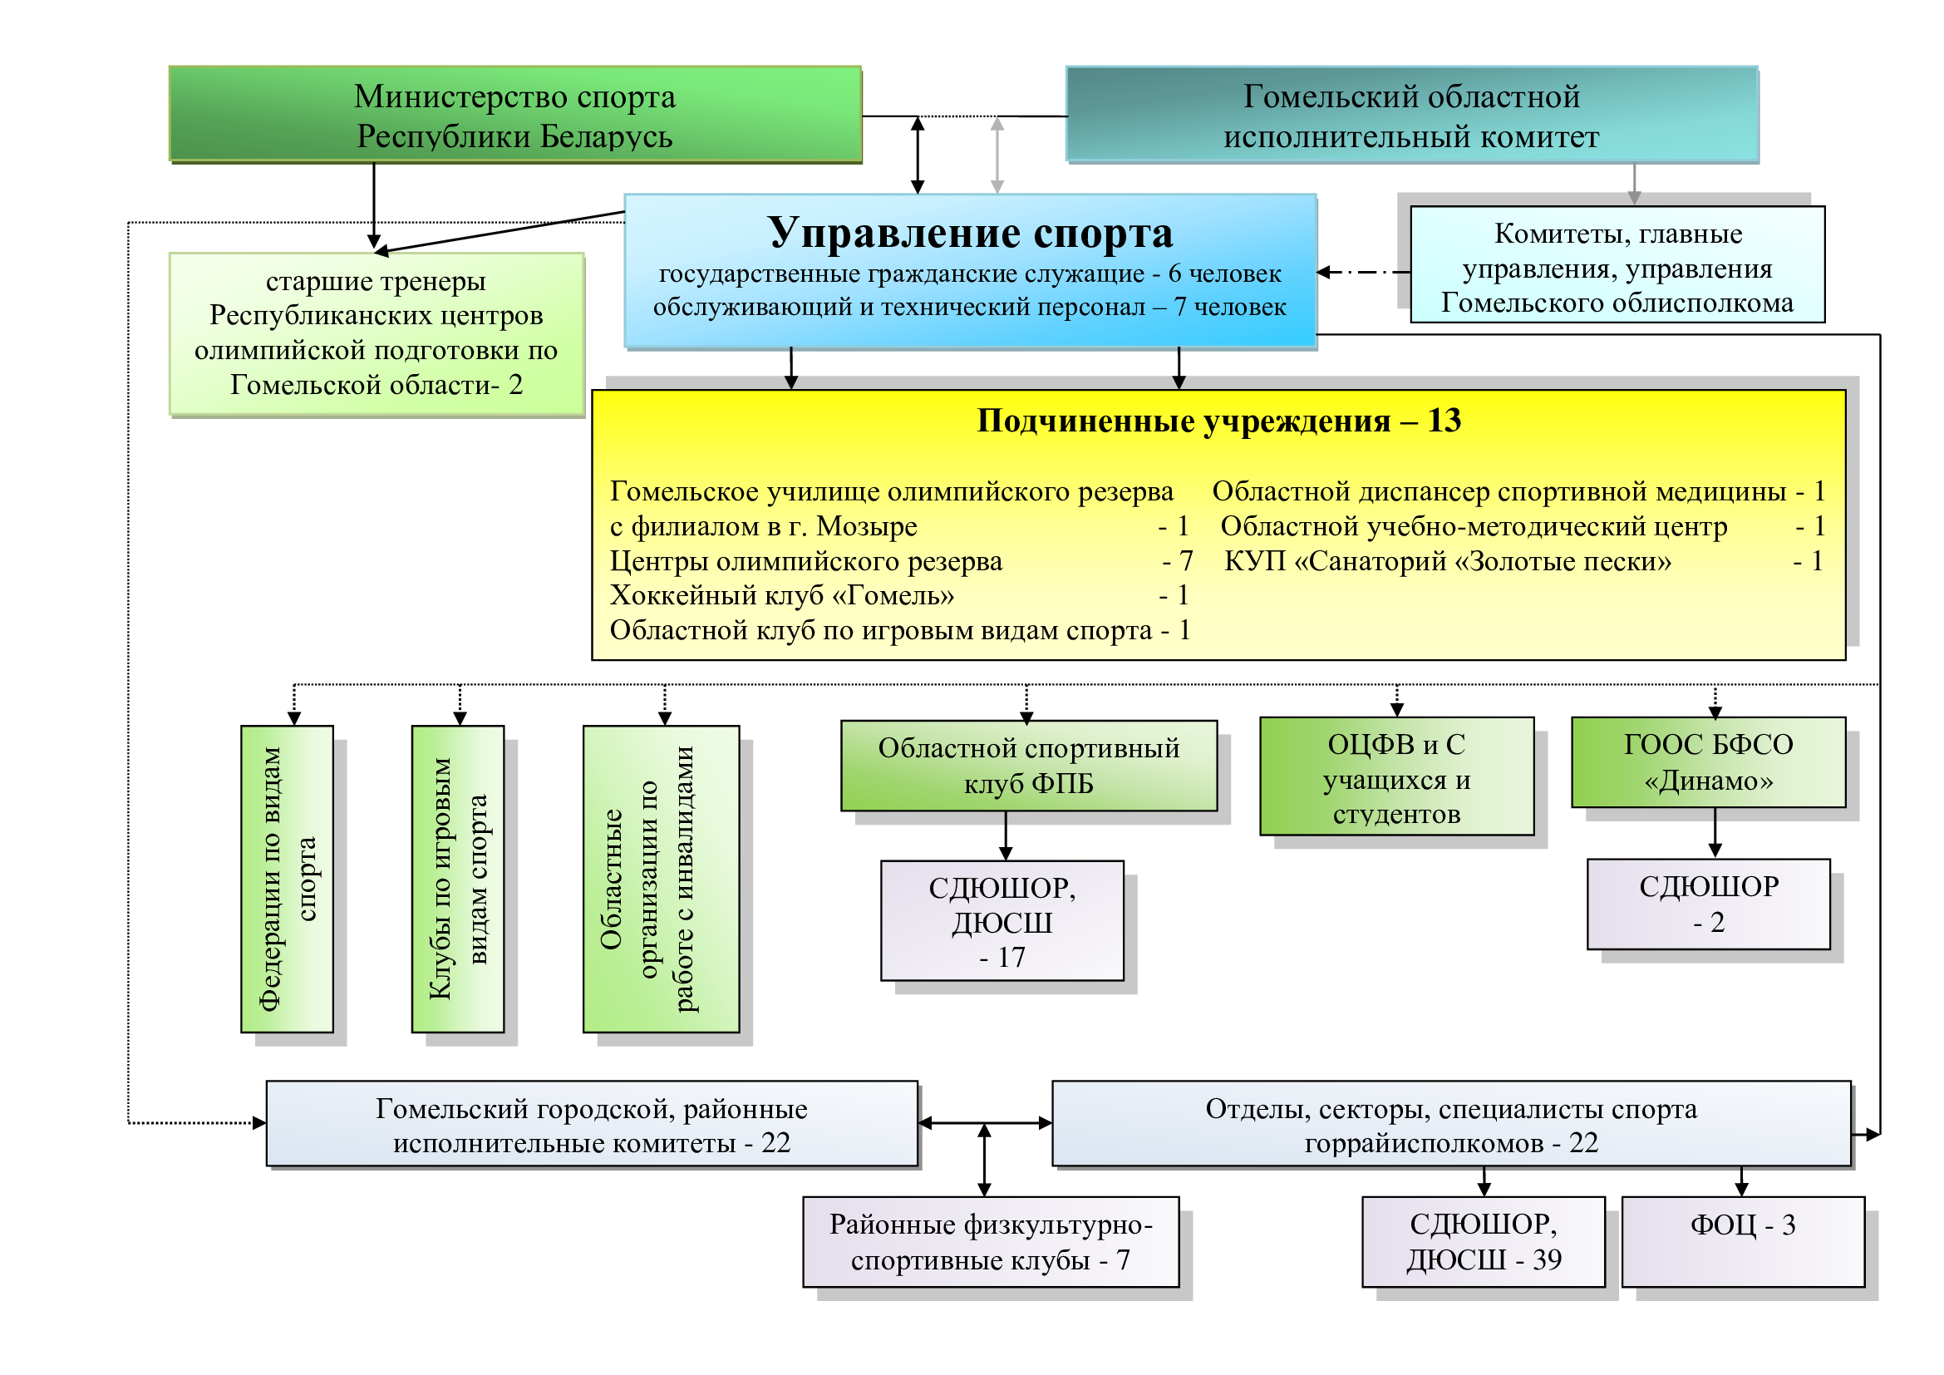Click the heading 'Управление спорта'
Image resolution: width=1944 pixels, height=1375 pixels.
(x=969, y=233)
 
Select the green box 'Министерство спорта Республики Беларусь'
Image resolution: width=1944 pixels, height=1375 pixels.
(x=514, y=116)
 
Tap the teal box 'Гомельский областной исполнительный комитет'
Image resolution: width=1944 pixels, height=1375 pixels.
(x=1410, y=116)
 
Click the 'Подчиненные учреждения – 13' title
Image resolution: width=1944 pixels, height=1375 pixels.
(x=1218, y=421)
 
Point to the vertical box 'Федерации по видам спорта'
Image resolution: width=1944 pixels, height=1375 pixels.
(x=287, y=879)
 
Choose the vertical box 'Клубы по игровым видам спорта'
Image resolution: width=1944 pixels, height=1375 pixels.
(x=458, y=879)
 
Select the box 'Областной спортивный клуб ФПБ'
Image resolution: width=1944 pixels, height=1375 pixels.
(x=1028, y=766)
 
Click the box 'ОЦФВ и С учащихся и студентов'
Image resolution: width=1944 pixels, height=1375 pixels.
(x=1396, y=777)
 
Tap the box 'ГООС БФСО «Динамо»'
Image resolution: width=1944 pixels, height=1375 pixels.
(x=1708, y=762)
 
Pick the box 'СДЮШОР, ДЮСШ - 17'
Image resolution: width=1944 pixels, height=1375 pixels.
(x=1002, y=921)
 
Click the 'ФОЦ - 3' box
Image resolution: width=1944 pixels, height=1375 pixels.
(x=1743, y=1241)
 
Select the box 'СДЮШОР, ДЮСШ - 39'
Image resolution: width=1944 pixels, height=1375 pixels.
(x=1484, y=1241)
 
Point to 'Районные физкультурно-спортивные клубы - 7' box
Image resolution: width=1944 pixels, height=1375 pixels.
(x=991, y=1241)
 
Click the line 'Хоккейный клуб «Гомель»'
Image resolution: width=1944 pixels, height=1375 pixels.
(x=781, y=596)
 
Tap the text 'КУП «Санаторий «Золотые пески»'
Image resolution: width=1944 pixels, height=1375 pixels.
(x=1447, y=561)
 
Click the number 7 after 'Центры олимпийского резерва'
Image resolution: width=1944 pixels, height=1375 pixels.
(x=1186, y=561)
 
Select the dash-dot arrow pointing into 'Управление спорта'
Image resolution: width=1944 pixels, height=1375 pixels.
(x=1363, y=273)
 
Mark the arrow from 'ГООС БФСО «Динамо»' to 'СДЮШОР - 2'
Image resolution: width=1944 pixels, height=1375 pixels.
(x=1715, y=833)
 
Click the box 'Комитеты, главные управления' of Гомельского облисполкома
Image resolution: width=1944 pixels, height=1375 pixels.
(x=1617, y=266)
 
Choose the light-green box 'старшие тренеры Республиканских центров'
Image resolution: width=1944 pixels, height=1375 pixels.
(x=376, y=333)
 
